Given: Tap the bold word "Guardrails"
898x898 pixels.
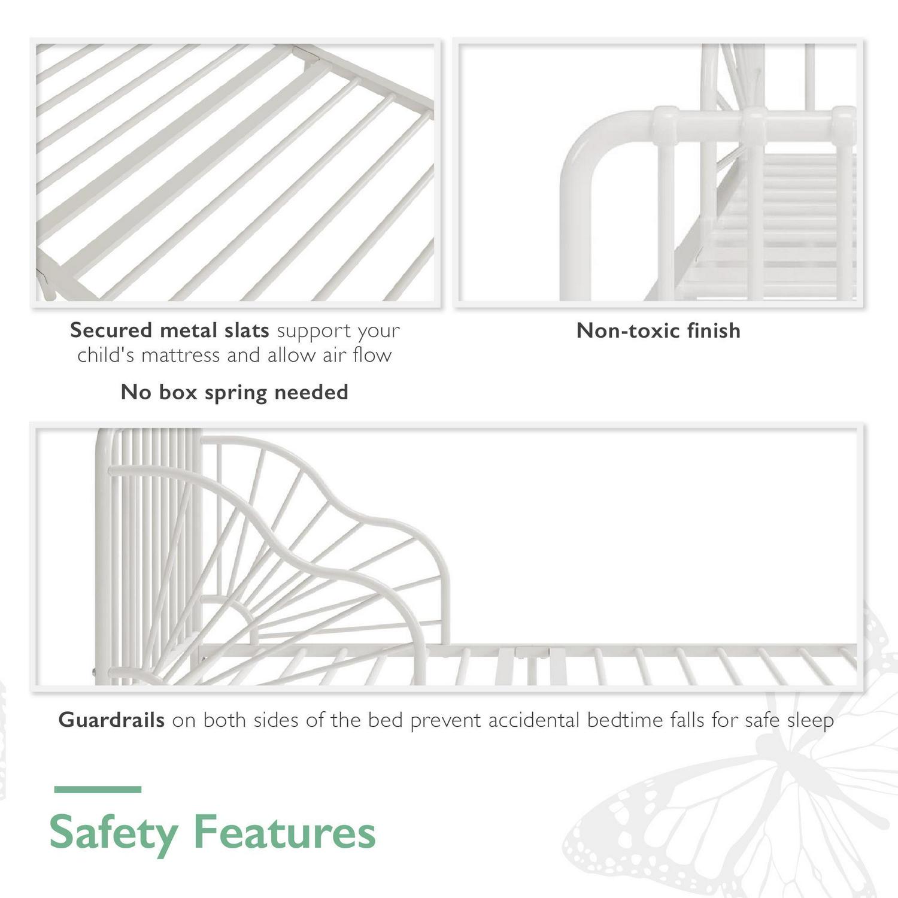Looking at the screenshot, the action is [111, 720].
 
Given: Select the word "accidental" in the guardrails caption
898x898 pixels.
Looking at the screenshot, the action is [534, 720].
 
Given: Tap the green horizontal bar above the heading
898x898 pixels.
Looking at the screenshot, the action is [98, 790].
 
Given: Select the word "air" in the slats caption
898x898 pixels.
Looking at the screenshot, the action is [335, 355].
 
